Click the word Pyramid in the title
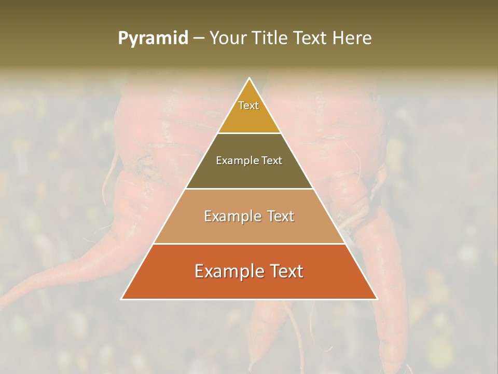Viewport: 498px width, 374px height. tap(153, 38)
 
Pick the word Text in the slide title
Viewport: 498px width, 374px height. tap(312, 38)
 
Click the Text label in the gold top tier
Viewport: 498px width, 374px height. tap(248, 105)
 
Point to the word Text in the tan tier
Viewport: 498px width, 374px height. tap(281, 216)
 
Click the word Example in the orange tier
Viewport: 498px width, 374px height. tap(226, 271)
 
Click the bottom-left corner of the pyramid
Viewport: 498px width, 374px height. tap(122, 299)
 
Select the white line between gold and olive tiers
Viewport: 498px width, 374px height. tap(249, 133)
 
